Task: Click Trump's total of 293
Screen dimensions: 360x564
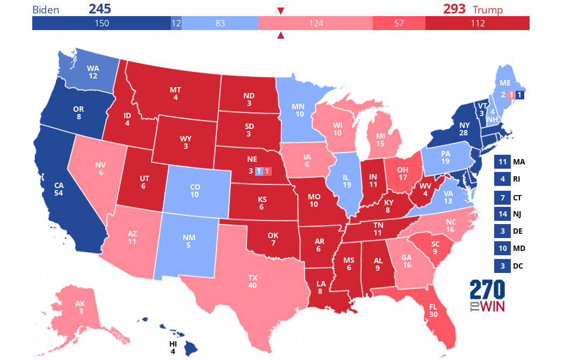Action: pos(454,9)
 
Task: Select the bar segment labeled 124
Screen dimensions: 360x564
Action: pos(315,23)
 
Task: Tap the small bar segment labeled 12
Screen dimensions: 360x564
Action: pos(176,23)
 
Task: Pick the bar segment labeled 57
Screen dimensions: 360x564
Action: pos(399,23)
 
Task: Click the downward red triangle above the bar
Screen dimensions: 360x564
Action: pos(280,11)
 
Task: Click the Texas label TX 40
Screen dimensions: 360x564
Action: pos(252,282)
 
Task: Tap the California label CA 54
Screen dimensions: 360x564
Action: pos(59,189)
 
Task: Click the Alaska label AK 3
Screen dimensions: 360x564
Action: pos(80,307)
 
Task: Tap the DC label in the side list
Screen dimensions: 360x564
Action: pos(517,266)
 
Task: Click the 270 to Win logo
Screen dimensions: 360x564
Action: pos(488,297)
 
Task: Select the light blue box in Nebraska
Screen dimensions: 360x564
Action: pos(259,171)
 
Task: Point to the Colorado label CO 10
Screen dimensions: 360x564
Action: pos(194,190)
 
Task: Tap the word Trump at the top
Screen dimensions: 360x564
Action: pos(487,10)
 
